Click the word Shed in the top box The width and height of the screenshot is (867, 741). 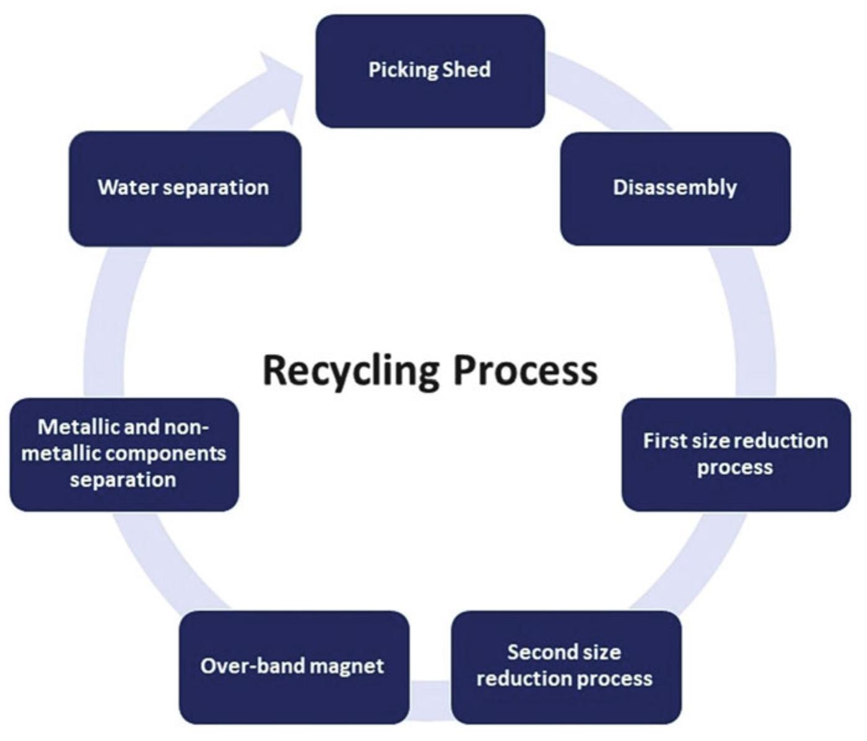tap(467, 69)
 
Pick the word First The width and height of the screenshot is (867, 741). tap(664, 441)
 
